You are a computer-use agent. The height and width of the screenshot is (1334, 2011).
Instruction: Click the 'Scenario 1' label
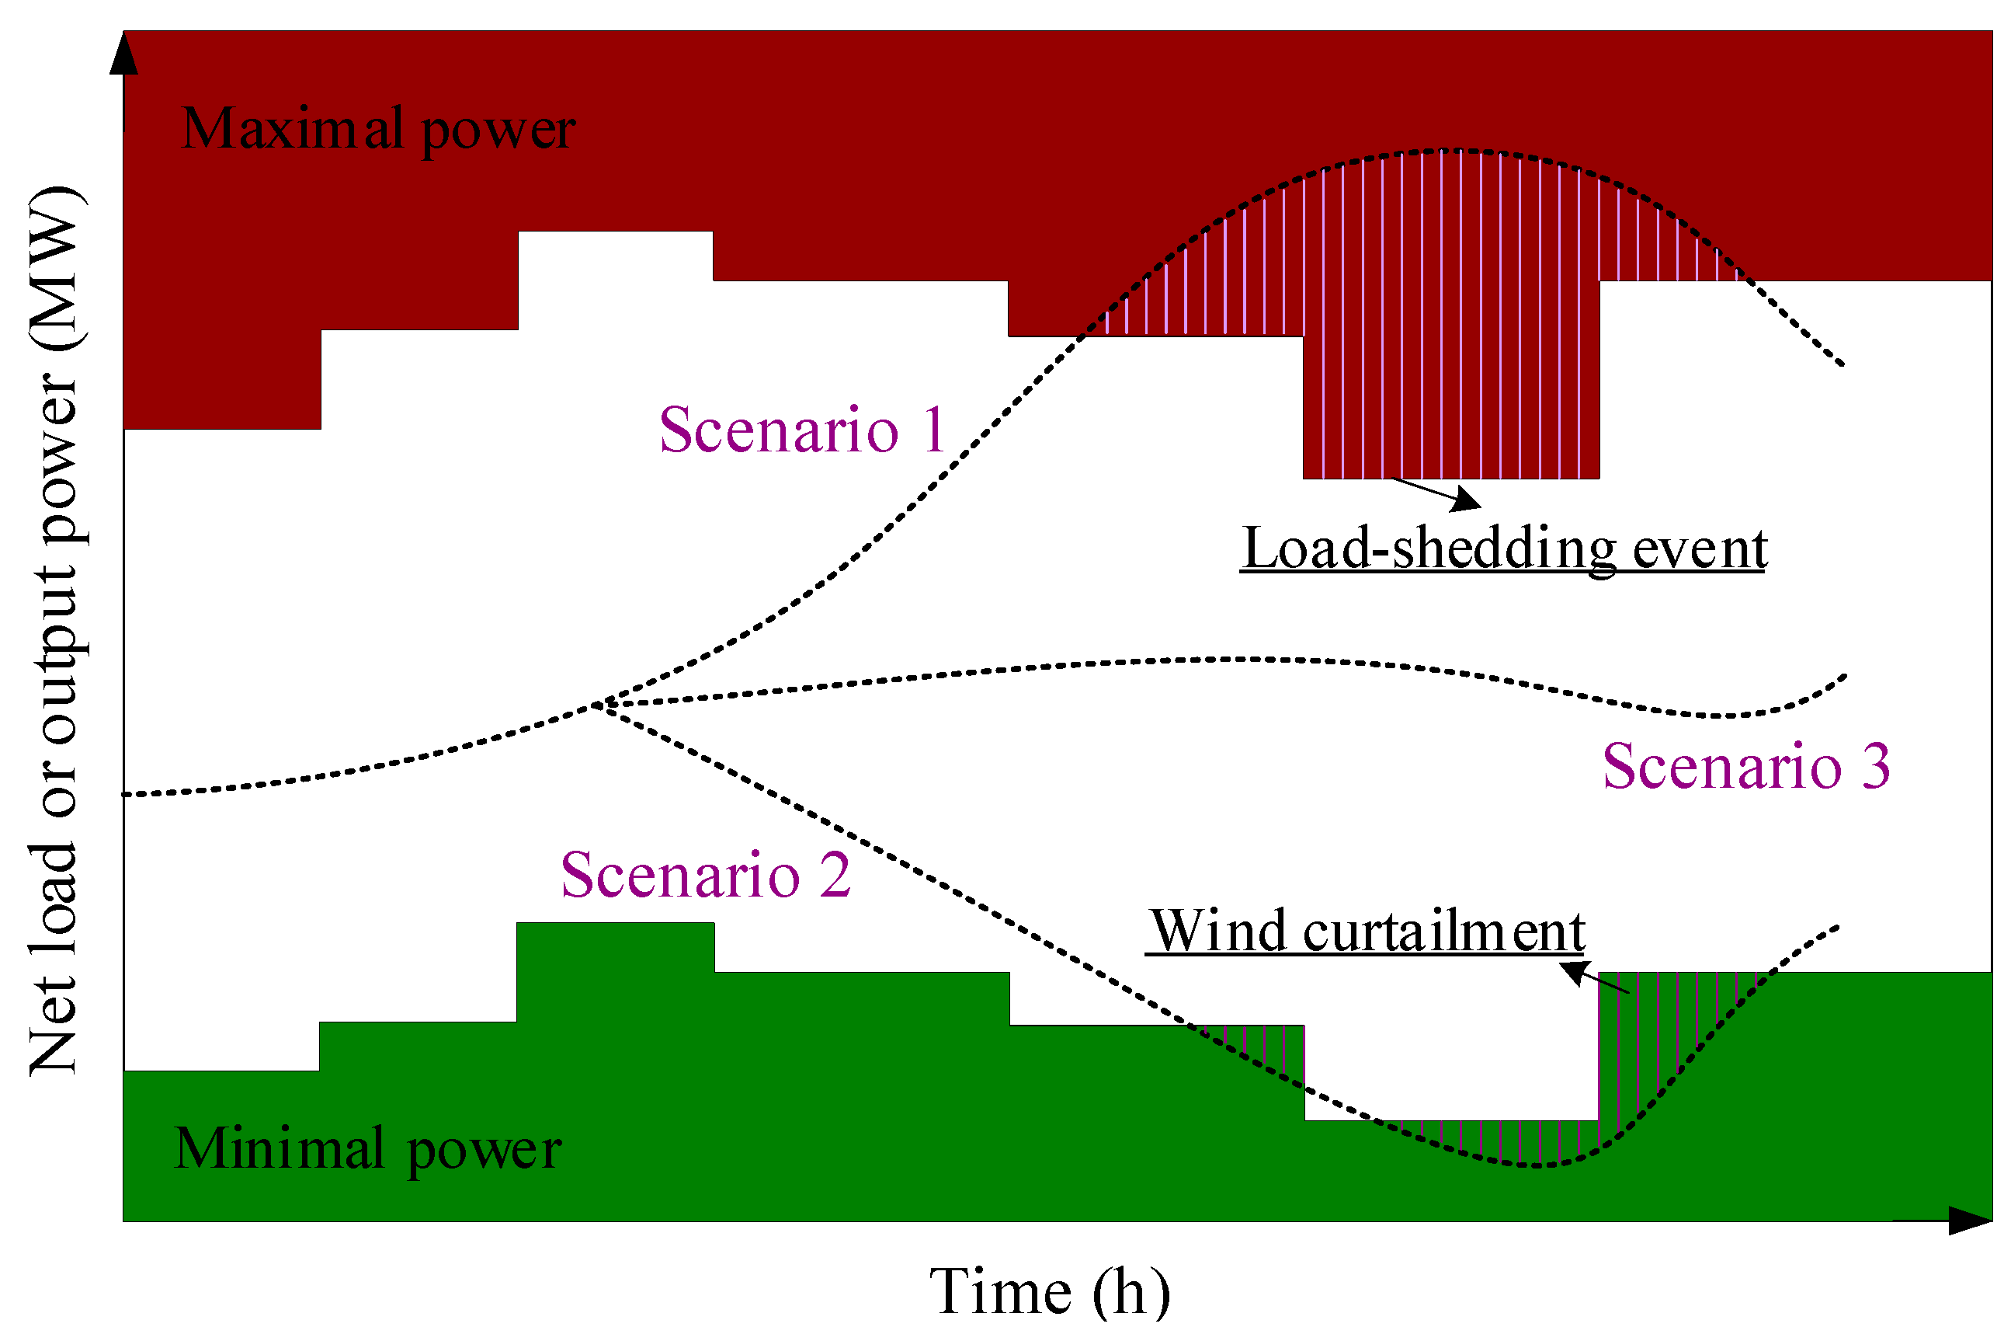(x=802, y=430)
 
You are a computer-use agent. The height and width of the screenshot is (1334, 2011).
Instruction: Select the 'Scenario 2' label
(x=705, y=876)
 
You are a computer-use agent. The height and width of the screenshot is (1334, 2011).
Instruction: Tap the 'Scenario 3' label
(x=1745, y=767)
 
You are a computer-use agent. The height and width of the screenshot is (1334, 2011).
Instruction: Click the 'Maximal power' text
(x=378, y=129)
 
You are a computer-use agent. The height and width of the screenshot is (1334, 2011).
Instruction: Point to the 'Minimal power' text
(x=367, y=1148)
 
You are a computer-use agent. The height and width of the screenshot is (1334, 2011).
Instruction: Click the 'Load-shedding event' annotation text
(x=1504, y=549)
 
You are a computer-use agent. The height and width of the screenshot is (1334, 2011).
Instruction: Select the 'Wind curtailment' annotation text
(x=1367, y=932)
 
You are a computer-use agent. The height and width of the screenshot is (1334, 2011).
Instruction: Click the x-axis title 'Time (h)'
(x=1049, y=1291)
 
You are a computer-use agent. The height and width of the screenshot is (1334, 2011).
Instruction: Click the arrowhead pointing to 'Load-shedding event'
(x=1466, y=500)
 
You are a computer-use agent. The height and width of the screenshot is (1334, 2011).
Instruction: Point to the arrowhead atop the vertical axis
(x=124, y=53)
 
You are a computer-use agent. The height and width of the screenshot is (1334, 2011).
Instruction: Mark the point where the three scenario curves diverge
(x=598, y=705)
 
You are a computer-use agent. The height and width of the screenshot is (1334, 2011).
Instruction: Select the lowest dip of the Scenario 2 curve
(x=1537, y=1165)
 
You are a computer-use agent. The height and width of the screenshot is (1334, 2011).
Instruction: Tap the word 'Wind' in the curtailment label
(x=1219, y=932)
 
